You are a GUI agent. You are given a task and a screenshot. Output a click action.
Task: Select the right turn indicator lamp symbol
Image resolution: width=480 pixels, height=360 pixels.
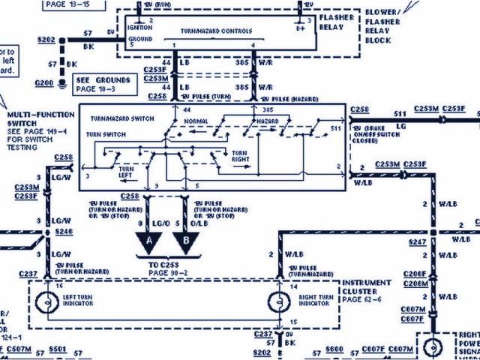pyautogui.click(x=279, y=304)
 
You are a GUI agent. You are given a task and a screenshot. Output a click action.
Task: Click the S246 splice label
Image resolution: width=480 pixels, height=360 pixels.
pyautogui.click(x=63, y=232)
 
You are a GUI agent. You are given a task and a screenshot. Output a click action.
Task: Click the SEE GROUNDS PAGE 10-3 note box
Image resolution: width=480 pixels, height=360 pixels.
pyautogui.click(x=105, y=83)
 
